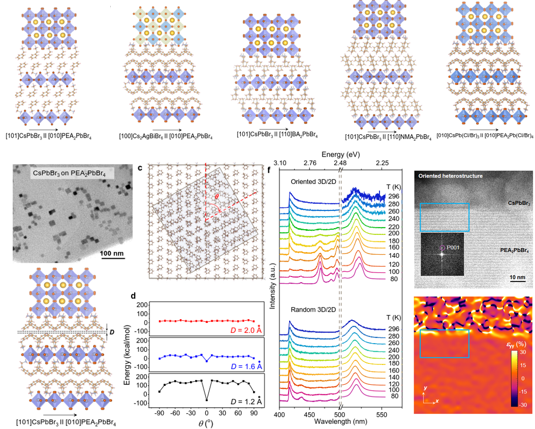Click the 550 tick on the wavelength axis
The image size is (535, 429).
pos(383,414)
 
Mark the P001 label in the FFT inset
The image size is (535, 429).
pos(452,249)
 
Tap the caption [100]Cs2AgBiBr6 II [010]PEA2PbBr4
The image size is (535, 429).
pos(165,136)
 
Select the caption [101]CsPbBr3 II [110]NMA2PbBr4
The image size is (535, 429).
pos(387,136)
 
